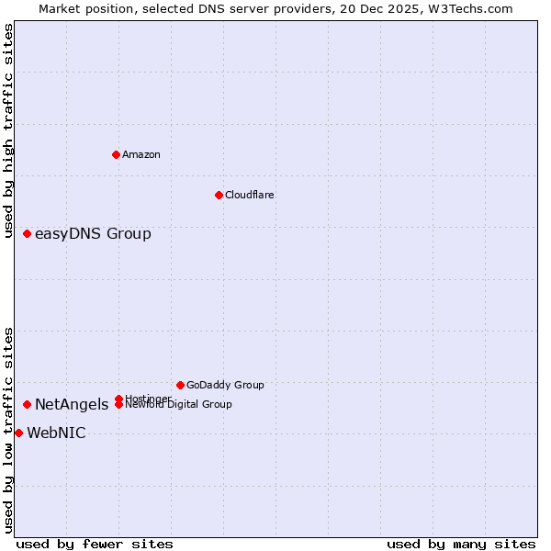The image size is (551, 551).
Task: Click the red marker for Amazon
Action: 116,154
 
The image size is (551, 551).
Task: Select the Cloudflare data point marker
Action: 219,195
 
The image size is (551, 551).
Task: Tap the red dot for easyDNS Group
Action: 28,234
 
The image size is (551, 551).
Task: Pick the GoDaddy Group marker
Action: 180,385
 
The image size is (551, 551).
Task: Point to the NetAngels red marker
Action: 28,404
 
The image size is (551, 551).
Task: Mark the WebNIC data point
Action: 18,433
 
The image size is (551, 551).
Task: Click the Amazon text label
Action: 141,154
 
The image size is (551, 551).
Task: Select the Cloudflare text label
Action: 249,195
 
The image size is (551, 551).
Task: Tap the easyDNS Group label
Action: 93,234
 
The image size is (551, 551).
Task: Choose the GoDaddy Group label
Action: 225,385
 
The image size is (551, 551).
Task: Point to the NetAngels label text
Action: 72,404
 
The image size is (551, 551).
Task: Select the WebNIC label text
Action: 56,433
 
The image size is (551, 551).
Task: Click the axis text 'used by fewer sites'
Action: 95,544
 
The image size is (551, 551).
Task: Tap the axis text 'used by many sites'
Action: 461,544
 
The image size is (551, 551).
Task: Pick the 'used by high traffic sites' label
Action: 8,131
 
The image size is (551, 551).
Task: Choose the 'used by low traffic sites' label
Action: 8,430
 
